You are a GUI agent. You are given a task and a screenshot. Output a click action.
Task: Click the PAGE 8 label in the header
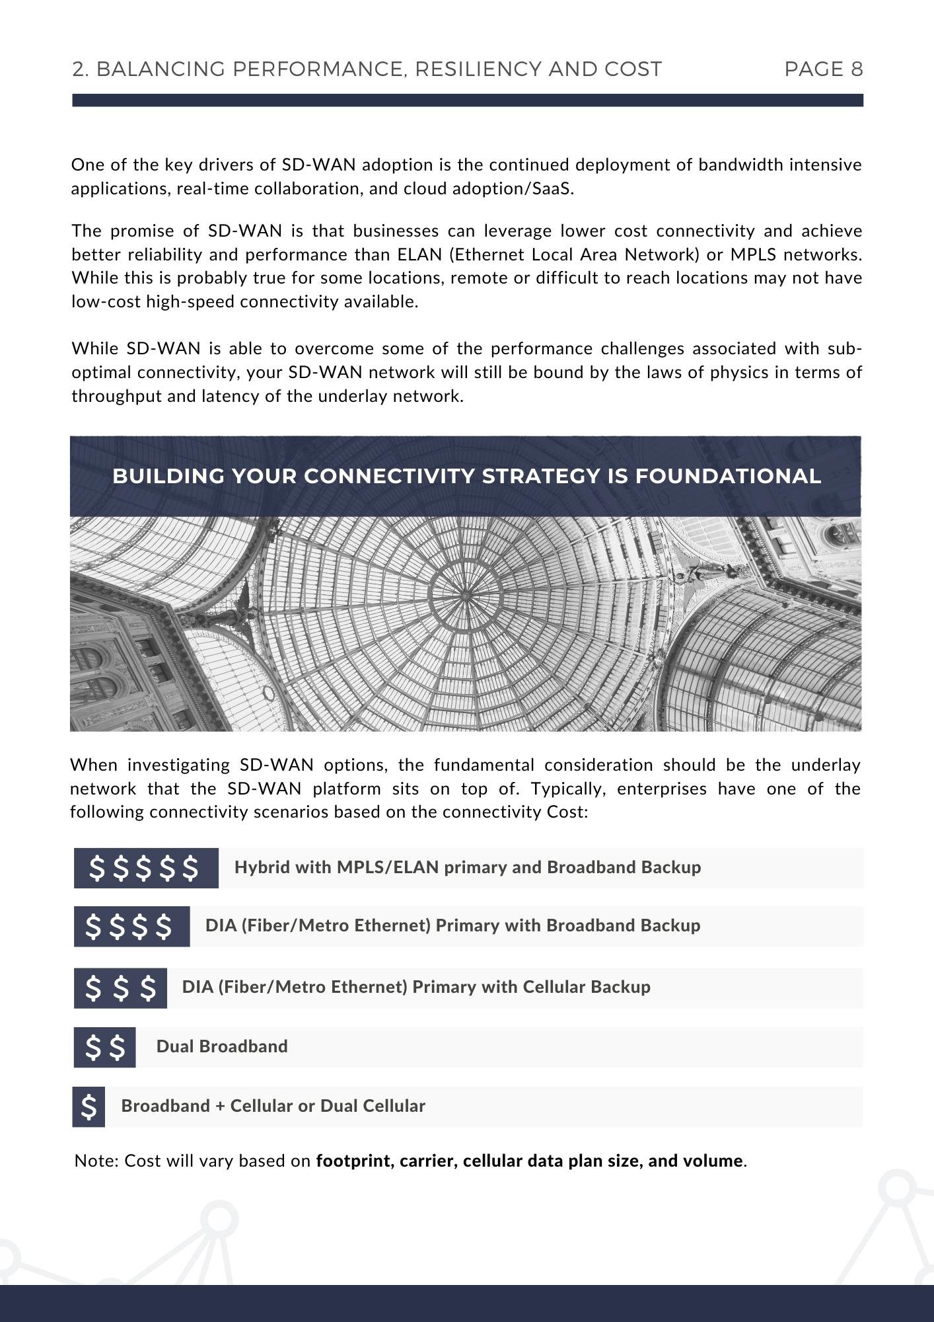823,69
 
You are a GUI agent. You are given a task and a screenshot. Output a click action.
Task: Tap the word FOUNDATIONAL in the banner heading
728,477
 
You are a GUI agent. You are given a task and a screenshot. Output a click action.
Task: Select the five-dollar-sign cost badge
145,868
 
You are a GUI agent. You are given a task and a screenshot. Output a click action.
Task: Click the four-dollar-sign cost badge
131,926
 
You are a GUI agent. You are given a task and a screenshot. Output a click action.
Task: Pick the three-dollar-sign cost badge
120,988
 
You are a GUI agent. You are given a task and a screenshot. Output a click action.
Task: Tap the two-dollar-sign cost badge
104,1047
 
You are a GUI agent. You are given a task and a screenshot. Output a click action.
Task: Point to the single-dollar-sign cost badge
89,1107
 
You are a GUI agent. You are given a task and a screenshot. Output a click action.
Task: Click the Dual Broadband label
222,1046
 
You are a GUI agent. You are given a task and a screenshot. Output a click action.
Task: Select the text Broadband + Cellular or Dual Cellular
273,1106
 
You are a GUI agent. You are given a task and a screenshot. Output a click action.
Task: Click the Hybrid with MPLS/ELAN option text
467,867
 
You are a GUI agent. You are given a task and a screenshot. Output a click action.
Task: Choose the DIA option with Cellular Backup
416,987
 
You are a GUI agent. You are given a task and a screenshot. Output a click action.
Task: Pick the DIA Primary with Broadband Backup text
452,925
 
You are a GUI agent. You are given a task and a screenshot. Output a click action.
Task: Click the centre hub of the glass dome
465,596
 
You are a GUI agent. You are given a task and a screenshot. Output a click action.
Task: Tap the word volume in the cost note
717,1161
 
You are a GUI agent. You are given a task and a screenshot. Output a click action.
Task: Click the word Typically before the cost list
572,789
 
